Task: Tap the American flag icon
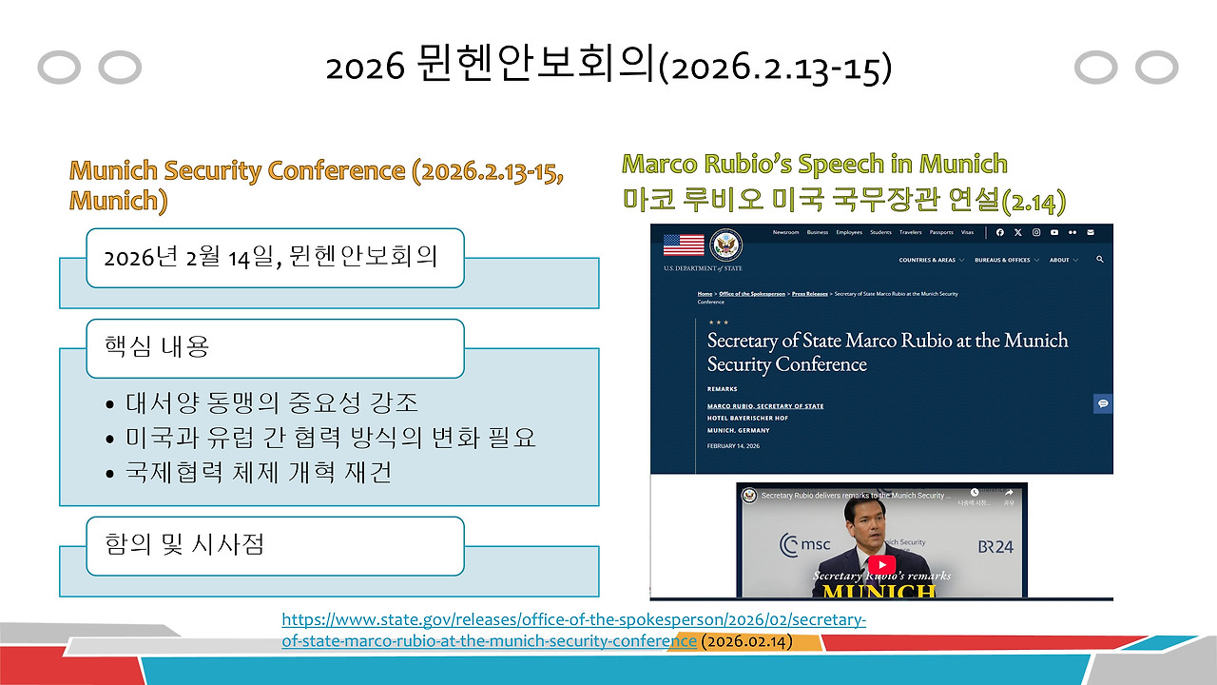684,245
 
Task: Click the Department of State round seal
726,245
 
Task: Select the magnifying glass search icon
1100,260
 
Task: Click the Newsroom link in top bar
785,232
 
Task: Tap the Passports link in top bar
941,232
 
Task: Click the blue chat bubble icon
1103,403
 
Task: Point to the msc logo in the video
805,545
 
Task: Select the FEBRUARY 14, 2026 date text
733,446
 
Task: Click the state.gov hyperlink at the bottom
573,630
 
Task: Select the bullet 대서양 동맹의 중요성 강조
272,402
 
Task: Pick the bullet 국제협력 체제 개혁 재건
259,472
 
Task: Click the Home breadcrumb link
705,294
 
